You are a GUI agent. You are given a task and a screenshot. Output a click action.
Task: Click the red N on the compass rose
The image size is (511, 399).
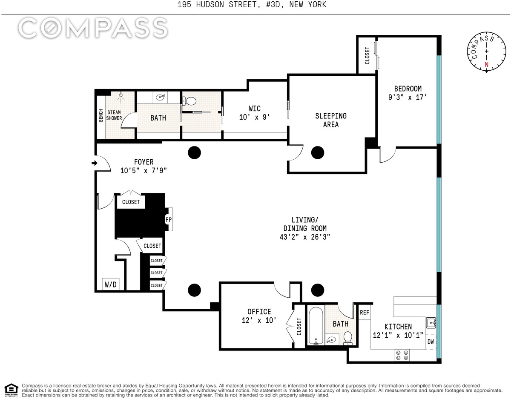[x=486, y=64]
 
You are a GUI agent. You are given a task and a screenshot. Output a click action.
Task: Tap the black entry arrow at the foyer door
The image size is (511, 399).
[x=94, y=163]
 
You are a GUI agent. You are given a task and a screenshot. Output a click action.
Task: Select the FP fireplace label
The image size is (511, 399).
[x=168, y=220]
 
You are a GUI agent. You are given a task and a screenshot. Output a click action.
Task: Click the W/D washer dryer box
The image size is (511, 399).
[x=111, y=284]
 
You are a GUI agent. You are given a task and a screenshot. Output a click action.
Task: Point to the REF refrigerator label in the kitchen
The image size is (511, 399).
[x=364, y=313]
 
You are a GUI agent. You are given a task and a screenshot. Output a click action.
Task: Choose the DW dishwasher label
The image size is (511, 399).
[x=431, y=342]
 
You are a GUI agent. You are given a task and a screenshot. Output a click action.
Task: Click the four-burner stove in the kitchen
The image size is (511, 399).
[x=402, y=355]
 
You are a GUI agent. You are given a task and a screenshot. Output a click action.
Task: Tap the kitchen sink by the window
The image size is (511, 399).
[x=431, y=323]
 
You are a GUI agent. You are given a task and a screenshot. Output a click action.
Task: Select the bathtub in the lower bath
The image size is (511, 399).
[x=316, y=326]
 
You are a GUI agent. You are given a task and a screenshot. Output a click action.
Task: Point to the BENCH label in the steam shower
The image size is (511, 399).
[x=101, y=115]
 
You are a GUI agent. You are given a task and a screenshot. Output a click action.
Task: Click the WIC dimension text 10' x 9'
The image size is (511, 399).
[x=254, y=117]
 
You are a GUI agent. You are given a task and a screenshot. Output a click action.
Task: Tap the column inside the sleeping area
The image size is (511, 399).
[x=318, y=152]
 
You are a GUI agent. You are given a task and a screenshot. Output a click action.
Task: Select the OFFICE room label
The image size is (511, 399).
[x=259, y=312]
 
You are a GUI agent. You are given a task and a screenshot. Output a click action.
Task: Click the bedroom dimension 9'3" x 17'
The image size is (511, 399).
[x=408, y=97]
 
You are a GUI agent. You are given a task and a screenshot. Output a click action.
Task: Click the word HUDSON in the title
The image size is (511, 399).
[x=210, y=5]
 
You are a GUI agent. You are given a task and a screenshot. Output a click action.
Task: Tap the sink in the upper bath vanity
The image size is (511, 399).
[x=161, y=97]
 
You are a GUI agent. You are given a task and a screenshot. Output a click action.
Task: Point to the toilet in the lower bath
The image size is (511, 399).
[x=347, y=338]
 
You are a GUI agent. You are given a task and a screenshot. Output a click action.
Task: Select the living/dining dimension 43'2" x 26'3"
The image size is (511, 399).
[x=305, y=237]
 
